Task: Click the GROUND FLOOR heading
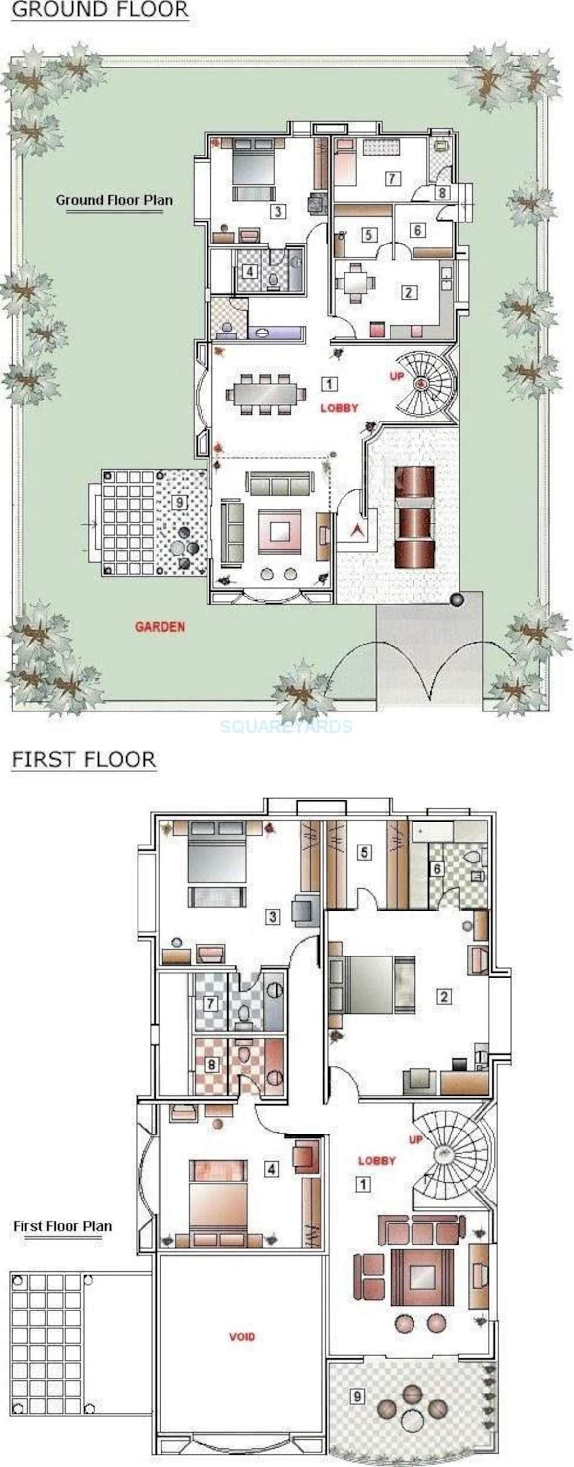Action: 100,10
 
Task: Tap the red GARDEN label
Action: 160,627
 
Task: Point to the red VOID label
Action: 242,1336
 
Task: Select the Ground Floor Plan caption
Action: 114,200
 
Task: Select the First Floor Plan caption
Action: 63,1226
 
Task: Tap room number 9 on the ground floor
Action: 180,502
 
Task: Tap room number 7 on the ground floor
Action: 391,178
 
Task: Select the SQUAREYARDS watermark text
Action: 286,726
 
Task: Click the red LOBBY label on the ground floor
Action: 339,408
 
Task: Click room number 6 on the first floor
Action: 437,868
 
